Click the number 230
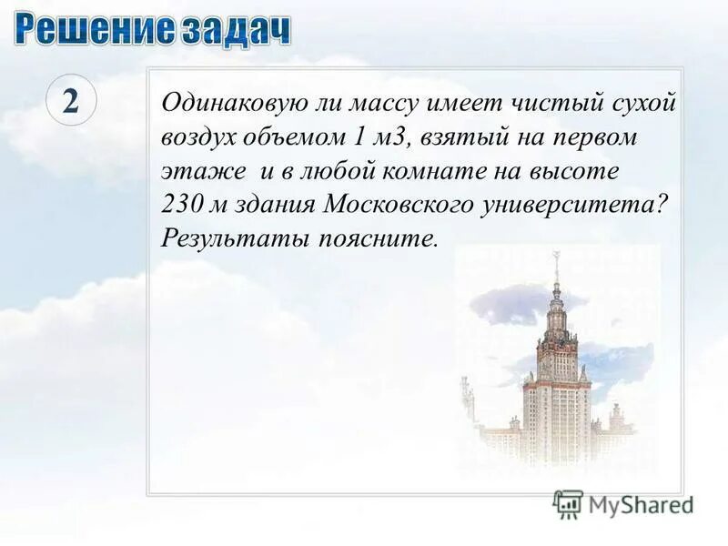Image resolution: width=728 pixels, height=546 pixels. (183, 205)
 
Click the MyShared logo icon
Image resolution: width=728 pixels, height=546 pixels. (568, 502)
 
